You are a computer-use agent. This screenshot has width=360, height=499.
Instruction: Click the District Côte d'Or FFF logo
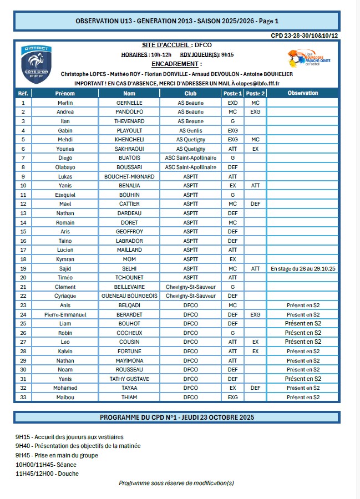coord(37,64)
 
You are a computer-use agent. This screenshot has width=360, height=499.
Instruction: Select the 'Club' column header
coord(190,93)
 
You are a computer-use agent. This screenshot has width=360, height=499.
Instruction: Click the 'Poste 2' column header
coord(255,93)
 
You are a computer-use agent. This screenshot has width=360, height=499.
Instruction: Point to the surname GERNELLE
coord(129,103)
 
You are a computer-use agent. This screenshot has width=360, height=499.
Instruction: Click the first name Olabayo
coord(65,167)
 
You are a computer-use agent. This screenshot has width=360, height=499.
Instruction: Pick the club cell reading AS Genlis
coord(190,130)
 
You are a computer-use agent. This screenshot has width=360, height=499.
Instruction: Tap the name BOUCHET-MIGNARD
coord(129,176)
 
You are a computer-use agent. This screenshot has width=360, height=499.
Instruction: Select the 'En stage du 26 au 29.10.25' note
coord(303,268)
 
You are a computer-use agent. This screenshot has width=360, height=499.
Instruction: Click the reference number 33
coord(23,397)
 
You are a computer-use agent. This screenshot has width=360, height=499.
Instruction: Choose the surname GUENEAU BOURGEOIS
coord(129,296)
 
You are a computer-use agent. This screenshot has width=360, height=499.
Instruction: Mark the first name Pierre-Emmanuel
coord(65,314)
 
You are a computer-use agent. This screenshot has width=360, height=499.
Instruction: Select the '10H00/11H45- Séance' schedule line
coord(47,464)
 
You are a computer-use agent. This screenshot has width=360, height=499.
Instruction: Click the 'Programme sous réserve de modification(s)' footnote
coord(176,483)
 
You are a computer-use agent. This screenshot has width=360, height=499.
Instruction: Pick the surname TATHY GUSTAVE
coord(129,379)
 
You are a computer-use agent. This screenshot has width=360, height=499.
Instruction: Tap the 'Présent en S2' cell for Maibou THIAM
coord(303,397)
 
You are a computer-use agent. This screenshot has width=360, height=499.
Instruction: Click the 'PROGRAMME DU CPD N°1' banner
coord(176,417)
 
